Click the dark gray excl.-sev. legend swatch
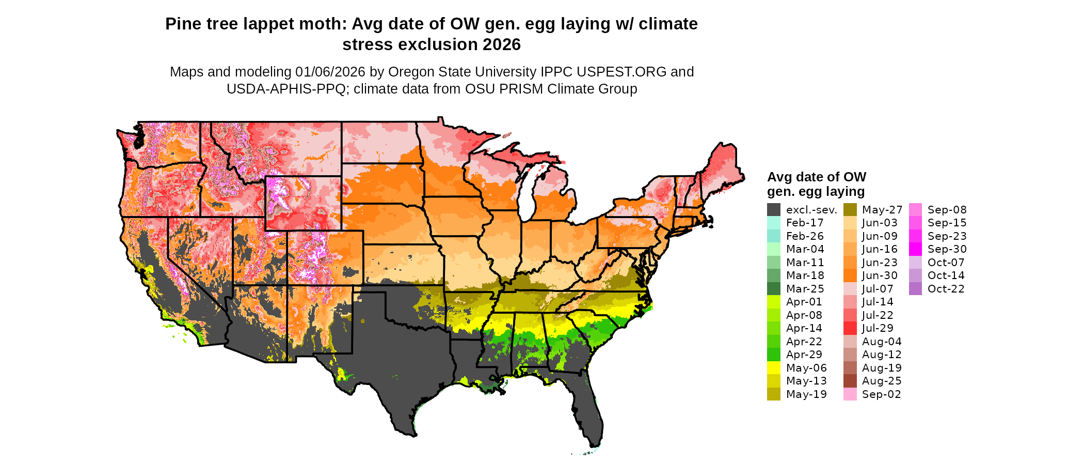773,210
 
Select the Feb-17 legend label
805,223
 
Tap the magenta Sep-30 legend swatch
915,249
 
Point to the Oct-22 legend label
946,289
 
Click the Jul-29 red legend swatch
850,328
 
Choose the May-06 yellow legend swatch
773,368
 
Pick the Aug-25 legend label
882,381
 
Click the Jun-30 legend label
880,275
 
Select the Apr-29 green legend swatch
773,355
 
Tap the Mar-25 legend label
805,289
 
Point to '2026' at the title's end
502,44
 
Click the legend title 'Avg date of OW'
816,177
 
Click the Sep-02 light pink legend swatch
850,394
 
